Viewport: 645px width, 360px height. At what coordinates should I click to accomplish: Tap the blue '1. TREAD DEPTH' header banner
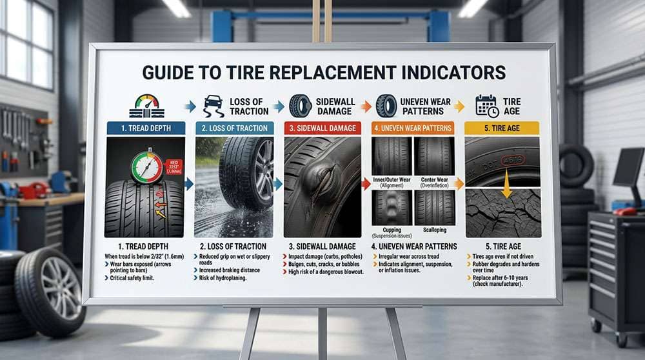[145, 128]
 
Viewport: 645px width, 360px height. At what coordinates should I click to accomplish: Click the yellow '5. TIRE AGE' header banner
[502, 128]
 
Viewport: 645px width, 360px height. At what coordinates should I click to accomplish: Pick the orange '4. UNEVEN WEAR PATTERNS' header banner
[413, 128]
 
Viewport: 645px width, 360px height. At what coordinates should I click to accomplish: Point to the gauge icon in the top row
[148, 105]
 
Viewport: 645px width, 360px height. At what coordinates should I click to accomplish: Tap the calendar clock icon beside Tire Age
[487, 106]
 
